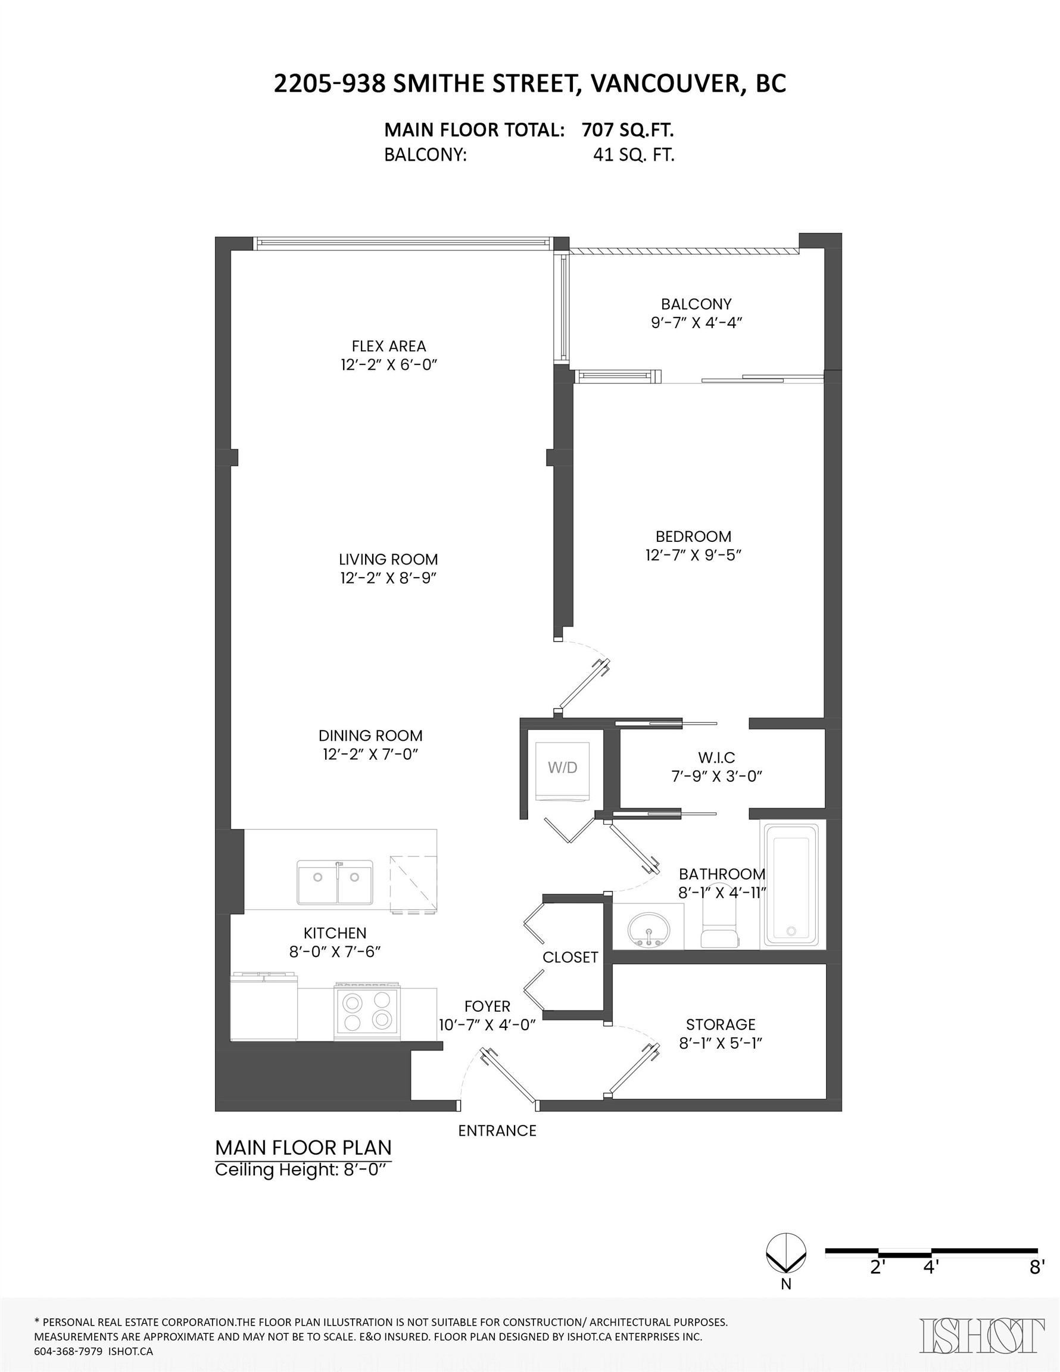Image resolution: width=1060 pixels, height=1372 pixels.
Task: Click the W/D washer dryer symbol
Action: (x=562, y=771)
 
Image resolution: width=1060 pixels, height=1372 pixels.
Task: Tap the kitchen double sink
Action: (x=335, y=883)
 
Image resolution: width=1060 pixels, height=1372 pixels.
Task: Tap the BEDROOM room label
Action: (x=693, y=537)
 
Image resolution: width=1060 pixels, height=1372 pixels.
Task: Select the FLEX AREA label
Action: (x=388, y=346)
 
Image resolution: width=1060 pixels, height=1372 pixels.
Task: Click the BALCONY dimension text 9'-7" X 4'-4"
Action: (x=696, y=323)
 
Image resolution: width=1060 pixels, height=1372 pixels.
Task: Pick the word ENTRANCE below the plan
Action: (x=497, y=1131)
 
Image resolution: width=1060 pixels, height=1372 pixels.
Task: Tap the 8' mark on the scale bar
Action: (x=1037, y=1267)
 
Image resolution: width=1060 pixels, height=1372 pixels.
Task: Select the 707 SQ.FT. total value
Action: (x=627, y=130)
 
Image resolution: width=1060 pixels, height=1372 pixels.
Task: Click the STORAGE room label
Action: (x=720, y=1025)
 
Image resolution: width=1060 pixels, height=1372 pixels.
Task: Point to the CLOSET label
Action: (x=570, y=957)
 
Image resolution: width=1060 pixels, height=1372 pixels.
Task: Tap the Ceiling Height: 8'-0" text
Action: (x=298, y=1170)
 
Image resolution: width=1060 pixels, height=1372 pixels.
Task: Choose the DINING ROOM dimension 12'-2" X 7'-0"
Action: (x=370, y=754)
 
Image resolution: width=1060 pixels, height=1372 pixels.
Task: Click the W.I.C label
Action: (x=716, y=757)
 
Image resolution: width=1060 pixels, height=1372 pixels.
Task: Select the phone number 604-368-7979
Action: (x=68, y=1351)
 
